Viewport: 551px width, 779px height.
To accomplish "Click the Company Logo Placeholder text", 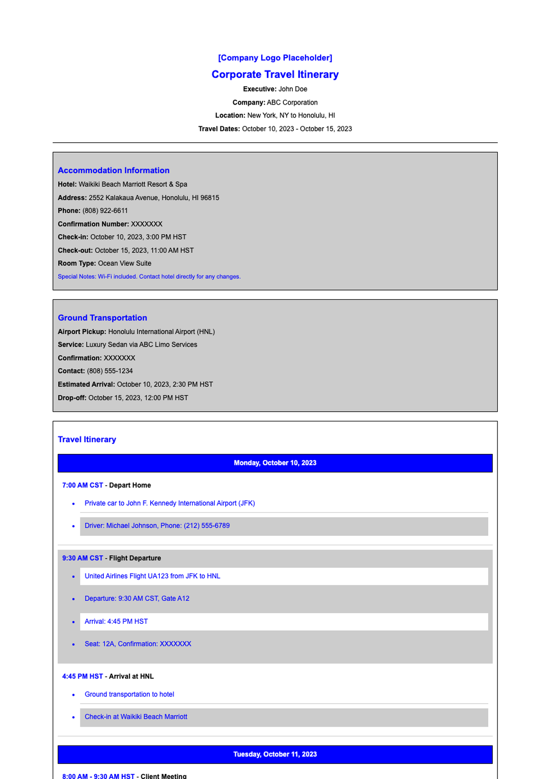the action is (275, 58).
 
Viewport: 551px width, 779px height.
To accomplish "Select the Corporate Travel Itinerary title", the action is (275, 74).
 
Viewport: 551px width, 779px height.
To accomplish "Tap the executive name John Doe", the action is (292, 89).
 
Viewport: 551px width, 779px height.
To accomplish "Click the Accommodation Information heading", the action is (113, 170).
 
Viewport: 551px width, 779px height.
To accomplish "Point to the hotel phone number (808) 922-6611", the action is (105, 211).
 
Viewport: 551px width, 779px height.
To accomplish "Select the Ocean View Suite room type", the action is (124, 263).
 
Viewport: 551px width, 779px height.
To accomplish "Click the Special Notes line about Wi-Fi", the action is (149, 277).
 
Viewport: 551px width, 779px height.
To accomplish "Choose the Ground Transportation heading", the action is (102, 318).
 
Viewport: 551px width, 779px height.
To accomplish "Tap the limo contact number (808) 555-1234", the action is (110, 371).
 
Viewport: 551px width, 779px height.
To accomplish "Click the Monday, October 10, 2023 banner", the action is (275, 463).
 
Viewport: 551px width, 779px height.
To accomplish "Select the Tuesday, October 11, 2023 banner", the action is (275, 754).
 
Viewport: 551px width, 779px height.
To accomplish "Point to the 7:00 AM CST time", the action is (83, 485).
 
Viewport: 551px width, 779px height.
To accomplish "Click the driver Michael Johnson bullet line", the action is (157, 526).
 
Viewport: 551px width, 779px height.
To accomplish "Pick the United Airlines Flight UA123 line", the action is (152, 576).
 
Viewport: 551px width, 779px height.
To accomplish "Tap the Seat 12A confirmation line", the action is (138, 644).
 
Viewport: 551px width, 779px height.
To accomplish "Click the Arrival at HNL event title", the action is (131, 677).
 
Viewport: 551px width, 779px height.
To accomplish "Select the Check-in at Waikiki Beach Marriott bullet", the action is (136, 717).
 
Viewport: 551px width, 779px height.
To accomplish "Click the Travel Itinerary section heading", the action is (87, 439).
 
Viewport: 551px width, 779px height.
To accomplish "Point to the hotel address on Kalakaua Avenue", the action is (154, 198).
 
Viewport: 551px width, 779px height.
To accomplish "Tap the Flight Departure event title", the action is (135, 558).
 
